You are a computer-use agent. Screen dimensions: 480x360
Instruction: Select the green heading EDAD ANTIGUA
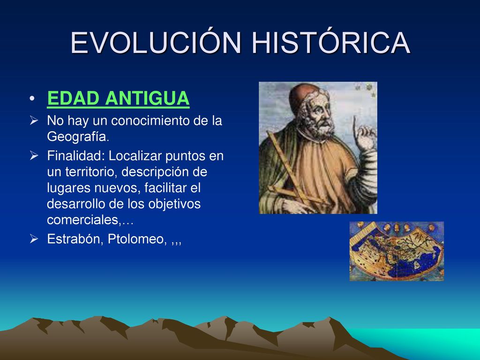pos(118,98)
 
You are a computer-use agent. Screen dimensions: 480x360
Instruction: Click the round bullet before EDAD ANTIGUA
pos(32,98)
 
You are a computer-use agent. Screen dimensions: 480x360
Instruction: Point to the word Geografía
pos(78,136)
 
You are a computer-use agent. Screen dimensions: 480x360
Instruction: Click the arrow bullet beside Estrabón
pos(34,239)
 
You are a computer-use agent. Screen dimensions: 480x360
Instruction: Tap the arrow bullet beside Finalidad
pos(34,156)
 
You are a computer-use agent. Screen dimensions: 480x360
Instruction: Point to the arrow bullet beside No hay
pos(34,120)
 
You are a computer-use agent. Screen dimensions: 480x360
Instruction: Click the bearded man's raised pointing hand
pos(363,135)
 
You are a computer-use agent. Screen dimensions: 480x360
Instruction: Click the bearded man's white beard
pos(322,126)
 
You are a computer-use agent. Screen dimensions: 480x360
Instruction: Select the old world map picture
pos(397,251)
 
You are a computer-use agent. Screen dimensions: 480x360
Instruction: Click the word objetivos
pos(174,204)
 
